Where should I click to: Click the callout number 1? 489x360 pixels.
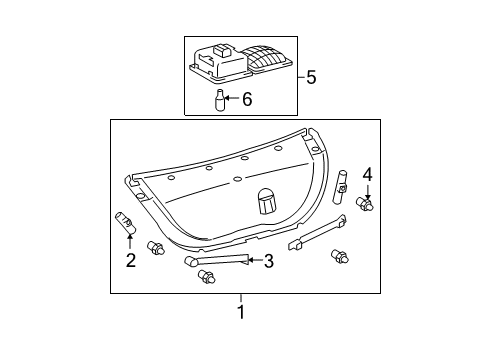pyautogui.click(x=241, y=312)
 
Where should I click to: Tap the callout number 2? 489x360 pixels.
pyautogui.click(x=131, y=260)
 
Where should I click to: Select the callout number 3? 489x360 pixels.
pyautogui.click(x=269, y=261)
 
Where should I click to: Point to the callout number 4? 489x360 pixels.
pyautogui.click(x=368, y=175)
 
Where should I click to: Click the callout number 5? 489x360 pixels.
pyautogui.click(x=311, y=77)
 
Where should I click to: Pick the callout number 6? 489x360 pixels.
pyautogui.click(x=247, y=99)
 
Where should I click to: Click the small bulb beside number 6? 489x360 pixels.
pyautogui.click(x=219, y=99)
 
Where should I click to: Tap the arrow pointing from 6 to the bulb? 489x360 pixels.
pyautogui.click(x=232, y=98)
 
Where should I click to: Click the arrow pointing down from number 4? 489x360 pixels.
pyautogui.click(x=368, y=192)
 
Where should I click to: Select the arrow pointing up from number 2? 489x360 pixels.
pyautogui.click(x=130, y=242)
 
